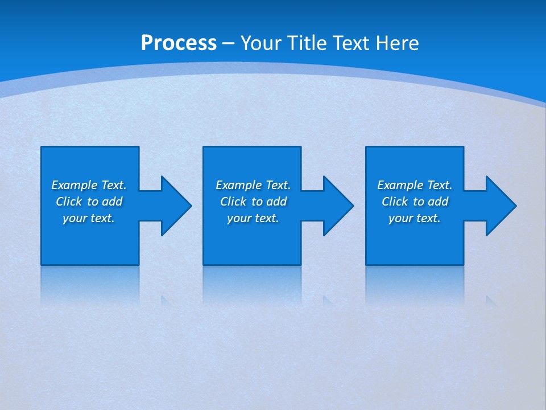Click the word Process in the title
pyautogui.click(x=179, y=43)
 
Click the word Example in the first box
pyautogui.click(x=75, y=185)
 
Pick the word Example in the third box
pyautogui.click(x=400, y=185)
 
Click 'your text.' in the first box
pyautogui.click(x=89, y=218)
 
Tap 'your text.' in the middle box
pyautogui.click(x=253, y=218)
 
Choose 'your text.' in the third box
pyautogui.click(x=415, y=218)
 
